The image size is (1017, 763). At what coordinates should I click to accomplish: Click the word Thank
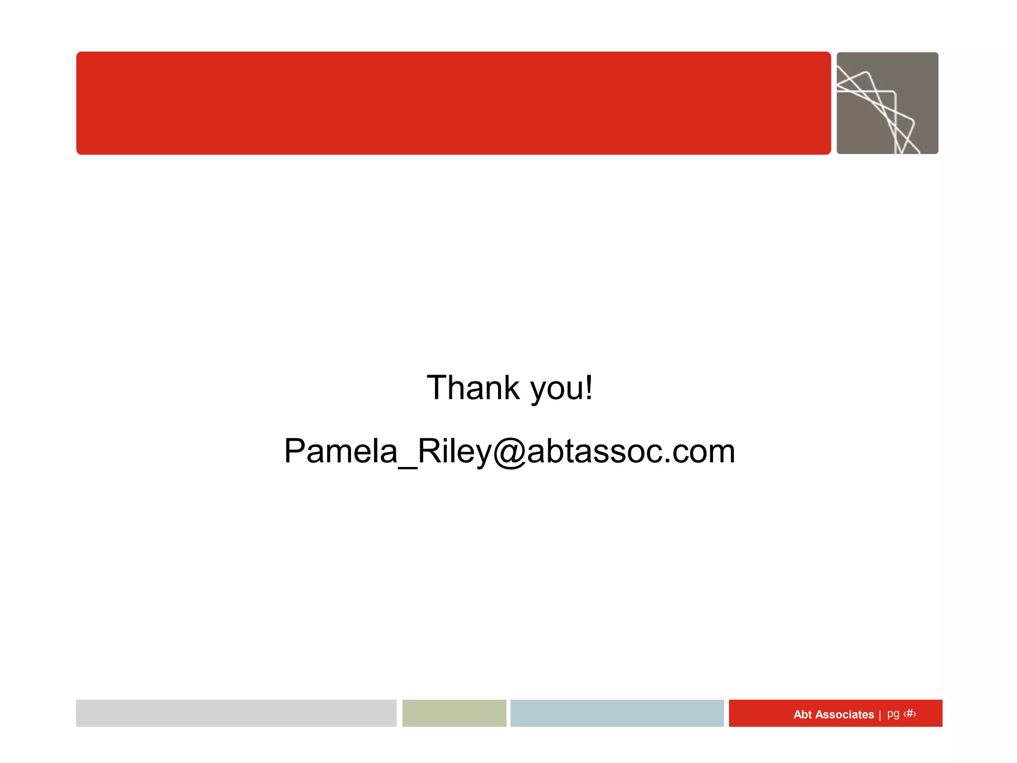click(473, 388)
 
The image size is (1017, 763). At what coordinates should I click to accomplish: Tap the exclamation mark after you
click(589, 387)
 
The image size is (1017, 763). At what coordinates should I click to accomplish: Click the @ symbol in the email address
click(509, 452)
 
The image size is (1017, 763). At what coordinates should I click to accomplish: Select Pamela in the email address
click(341, 451)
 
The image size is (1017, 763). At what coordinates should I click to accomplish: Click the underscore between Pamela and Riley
click(408, 466)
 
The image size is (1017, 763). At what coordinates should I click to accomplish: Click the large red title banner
click(453, 103)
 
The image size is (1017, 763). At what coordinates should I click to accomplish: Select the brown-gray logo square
click(887, 103)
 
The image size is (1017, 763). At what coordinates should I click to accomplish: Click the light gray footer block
click(236, 713)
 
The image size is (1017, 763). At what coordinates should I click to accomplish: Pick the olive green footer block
click(454, 713)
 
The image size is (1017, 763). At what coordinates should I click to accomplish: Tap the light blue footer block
click(617, 713)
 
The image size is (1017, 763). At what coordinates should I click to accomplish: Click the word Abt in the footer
click(802, 714)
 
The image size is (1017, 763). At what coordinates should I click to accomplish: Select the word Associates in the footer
click(844, 714)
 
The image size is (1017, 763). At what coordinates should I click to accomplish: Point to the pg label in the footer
click(893, 714)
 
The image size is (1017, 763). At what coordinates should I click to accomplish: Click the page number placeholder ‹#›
click(910, 714)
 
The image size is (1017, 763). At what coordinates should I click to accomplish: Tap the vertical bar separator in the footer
click(880, 714)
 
